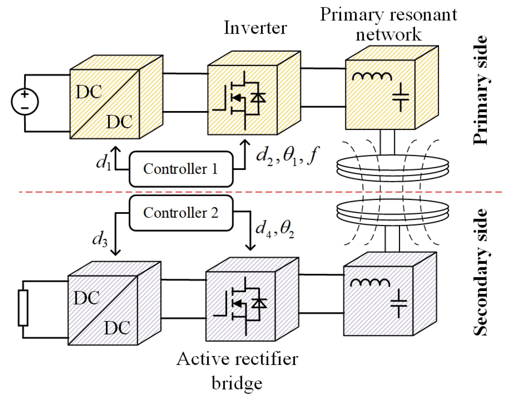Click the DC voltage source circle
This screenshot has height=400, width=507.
point(25,101)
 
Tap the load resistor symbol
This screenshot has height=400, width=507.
point(23,308)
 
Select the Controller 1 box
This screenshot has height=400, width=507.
point(181,169)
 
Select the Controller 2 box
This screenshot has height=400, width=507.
point(181,213)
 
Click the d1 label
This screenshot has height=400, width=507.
point(104,162)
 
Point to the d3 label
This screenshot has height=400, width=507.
point(100,238)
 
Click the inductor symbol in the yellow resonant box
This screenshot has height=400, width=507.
point(372,76)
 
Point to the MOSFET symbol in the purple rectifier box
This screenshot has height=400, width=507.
point(241,306)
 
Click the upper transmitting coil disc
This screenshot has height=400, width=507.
point(392,166)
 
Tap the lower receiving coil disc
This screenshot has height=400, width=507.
point(392,211)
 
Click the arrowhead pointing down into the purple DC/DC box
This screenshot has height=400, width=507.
point(115,252)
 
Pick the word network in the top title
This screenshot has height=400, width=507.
point(388,34)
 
